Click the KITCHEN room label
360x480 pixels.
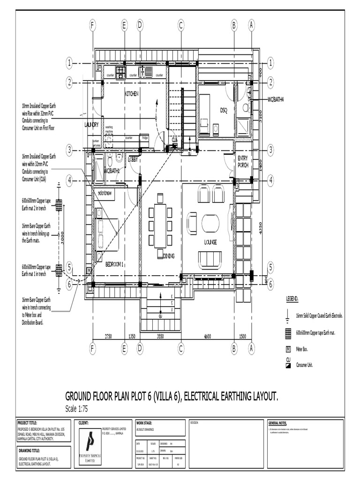click(x=131, y=94)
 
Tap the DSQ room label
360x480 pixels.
click(x=224, y=110)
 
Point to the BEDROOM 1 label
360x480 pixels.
click(x=114, y=263)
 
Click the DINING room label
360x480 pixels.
click(x=168, y=256)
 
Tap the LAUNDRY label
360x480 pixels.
click(x=91, y=125)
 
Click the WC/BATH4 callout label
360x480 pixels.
click(x=276, y=99)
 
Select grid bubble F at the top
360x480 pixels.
click(x=93, y=26)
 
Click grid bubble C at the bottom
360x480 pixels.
click(x=180, y=348)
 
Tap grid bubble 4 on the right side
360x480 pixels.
click(x=270, y=180)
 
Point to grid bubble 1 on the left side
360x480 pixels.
click(x=69, y=63)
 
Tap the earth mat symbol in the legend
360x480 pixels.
click(x=288, y=333)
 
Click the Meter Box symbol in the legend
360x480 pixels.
click(x=288, y=349)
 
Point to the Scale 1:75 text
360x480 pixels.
click(x=76, y=409)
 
